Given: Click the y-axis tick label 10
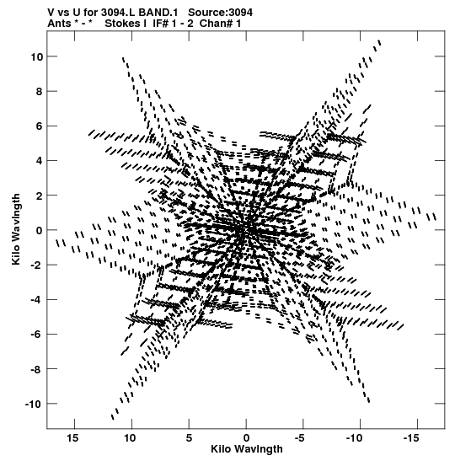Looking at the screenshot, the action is tap(36, 56).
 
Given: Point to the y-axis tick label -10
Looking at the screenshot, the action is tap(34, 404).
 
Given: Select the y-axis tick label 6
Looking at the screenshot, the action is tap(39, 126).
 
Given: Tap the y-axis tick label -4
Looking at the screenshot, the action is tap(36, 300).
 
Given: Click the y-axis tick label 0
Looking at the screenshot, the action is tap(39, 231).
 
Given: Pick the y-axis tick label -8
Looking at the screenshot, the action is tap(36, 369).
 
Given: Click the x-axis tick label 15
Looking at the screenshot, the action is tap(73, 438).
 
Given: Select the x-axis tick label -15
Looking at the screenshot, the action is tap(410, 438).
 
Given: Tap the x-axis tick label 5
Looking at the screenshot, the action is tap(189, 438).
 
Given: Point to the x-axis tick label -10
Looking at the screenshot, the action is tap(354, 438).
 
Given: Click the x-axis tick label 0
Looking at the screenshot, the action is tap(246, 438).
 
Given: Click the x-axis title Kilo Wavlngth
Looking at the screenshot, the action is tap(247, 449).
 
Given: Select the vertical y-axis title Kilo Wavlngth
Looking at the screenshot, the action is tap(16, 229).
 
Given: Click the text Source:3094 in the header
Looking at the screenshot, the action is tap(220, 13).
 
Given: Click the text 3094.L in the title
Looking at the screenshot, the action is tap(118, 13).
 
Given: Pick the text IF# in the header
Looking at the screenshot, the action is tap(160, 24).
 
